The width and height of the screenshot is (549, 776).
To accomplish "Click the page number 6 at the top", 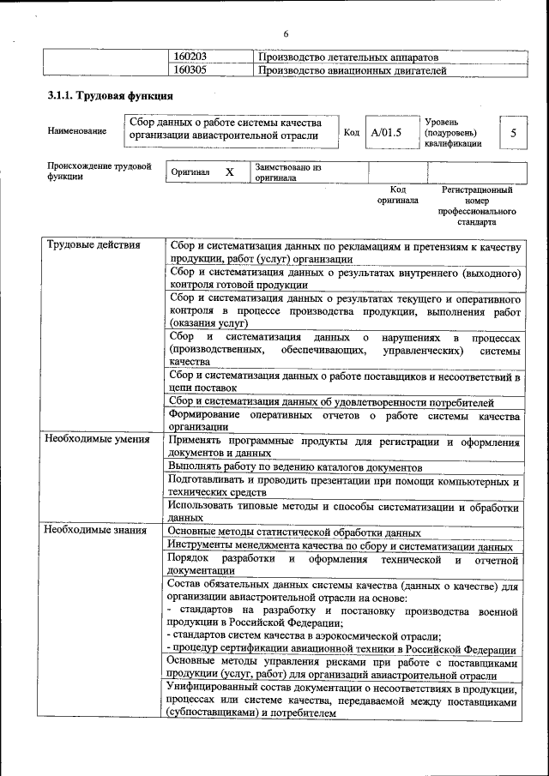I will coord(287,33).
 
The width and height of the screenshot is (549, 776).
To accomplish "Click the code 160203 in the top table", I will coord(190,57).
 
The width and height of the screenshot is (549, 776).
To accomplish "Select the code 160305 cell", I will coord(190,69).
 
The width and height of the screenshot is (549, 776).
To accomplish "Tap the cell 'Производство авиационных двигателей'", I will coord(352,69).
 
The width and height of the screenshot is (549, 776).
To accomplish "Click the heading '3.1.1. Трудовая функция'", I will coord(105,97).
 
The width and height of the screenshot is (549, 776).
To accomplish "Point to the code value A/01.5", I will coord(387,133).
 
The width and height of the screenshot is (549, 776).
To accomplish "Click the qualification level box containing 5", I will coord(513,133).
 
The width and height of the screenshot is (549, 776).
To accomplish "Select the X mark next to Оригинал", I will coord(229,172).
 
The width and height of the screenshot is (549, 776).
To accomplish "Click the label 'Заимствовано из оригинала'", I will coord(287,173).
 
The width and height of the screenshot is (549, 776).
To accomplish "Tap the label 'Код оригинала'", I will coord(397,195).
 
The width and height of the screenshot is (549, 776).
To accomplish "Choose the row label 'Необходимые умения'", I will coord(97,440).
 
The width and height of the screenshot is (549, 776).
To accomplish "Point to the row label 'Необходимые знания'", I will coord(95,531).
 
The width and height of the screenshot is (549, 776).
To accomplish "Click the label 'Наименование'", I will coord(78,131).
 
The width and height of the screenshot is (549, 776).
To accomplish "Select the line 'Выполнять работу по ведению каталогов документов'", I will coord(295,467).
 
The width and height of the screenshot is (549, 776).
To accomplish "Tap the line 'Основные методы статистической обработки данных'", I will coord(293,532).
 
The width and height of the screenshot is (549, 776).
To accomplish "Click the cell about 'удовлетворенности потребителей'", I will coord(331,401).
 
